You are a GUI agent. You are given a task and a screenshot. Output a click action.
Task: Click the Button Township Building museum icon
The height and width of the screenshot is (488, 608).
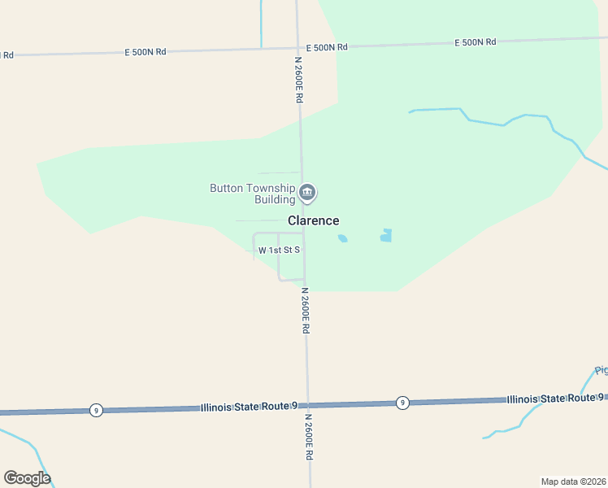(x=307, y=193)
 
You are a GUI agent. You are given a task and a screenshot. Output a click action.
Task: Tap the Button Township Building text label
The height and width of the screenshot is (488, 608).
(x=253, y=194)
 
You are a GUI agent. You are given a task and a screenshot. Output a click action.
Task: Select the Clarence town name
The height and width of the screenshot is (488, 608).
(x=313, y=220)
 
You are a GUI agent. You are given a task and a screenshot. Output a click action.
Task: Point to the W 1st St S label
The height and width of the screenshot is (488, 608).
(x=280, y=251)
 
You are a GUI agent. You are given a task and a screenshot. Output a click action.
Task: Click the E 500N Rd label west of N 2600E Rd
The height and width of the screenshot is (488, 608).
(x=145, y=51)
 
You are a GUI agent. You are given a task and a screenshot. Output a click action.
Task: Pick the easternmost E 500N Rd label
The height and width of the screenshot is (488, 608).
(x=475, y=41)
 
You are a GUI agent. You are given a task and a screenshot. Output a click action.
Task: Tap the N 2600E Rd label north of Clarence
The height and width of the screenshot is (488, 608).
(x=299, y=79)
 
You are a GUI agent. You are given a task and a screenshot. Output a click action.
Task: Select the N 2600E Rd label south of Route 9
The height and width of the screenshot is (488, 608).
(x=309, y=438)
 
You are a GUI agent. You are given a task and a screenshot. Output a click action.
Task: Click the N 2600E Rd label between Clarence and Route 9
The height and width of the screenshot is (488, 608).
(x=306, y=310)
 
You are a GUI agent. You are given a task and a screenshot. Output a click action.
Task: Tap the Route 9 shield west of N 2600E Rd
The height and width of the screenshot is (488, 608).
(x=96, y=410)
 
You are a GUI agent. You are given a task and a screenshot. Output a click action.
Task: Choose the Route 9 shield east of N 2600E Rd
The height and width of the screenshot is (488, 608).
(x=402, y=403)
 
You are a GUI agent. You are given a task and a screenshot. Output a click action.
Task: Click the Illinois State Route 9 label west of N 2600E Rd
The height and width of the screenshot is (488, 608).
(x=250, y=406)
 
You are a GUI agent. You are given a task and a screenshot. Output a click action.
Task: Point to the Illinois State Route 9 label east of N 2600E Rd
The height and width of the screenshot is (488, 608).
(x=555, y=399)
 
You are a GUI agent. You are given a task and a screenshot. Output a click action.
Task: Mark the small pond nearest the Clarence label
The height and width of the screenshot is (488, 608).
(x=342, y=238)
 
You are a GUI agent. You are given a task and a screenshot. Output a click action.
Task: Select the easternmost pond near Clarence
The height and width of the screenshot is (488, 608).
(x=386, y=236)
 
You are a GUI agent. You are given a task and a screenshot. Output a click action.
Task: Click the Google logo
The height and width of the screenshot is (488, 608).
(x=27, y=477)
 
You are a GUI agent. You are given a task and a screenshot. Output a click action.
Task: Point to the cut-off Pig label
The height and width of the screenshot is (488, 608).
(x=601, y=371)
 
